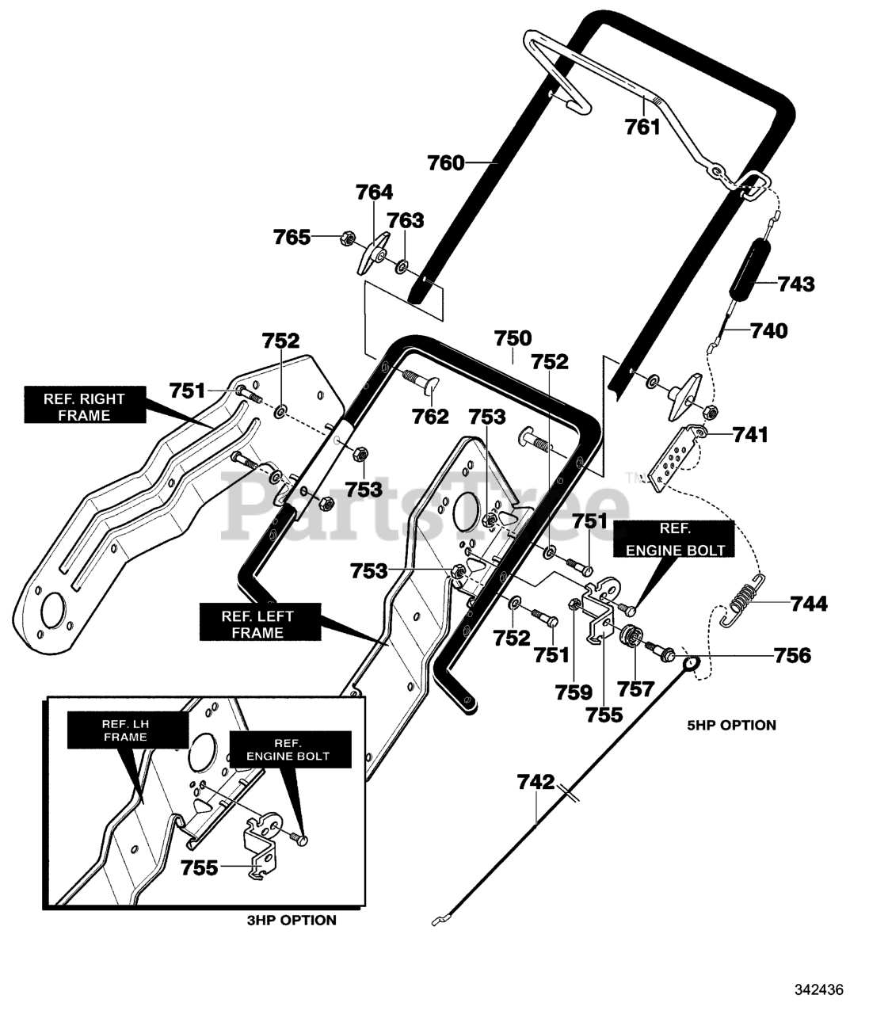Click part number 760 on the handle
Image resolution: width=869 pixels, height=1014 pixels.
445,163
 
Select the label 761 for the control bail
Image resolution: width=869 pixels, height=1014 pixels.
642,127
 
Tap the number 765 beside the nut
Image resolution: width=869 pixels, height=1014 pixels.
292,238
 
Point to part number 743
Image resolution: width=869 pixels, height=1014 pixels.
796,284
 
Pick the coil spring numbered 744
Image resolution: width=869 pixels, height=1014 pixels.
741,601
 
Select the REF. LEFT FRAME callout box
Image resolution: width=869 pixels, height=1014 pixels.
260,622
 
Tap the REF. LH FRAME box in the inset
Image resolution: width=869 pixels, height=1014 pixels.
127,730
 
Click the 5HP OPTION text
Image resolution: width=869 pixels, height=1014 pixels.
732,725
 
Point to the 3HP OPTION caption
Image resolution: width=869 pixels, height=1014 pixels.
292,921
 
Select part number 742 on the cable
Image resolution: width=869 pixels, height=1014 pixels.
536,782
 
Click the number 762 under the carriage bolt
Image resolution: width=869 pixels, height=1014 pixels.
430,417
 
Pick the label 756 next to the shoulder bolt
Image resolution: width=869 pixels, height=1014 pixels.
792,655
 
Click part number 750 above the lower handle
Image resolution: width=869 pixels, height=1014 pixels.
513,338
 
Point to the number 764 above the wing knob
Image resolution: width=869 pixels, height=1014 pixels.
375,193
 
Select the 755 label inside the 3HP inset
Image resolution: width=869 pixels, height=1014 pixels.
199,867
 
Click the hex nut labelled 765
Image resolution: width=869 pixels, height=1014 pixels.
347,238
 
